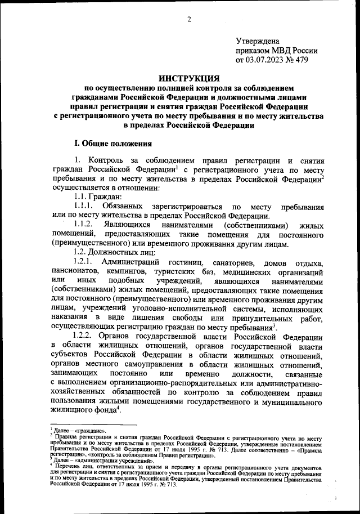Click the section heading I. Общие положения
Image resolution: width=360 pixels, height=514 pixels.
point(110,144)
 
